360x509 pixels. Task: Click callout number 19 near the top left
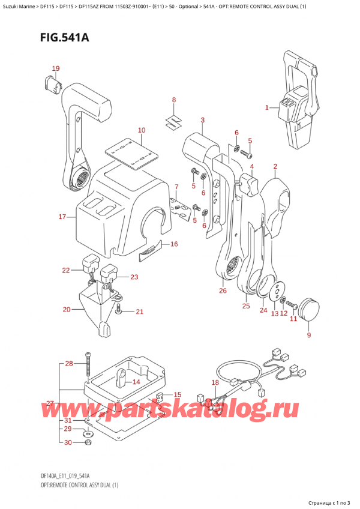pyautogui.click(x=55, y=68)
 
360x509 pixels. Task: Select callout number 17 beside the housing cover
pyautogui.click(x=62, y=217)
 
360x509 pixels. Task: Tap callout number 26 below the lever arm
pyautogui.click(x=223, y=291)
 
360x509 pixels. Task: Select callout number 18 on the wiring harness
pyautogui.click(x=215, y=382)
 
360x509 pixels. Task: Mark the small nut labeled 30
pyautogui.click(x=88, y=442)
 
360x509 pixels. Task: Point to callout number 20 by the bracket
pyautogui.click(x=67, y=310)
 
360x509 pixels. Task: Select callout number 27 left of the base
pyautogui.click(x=50, y=403)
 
